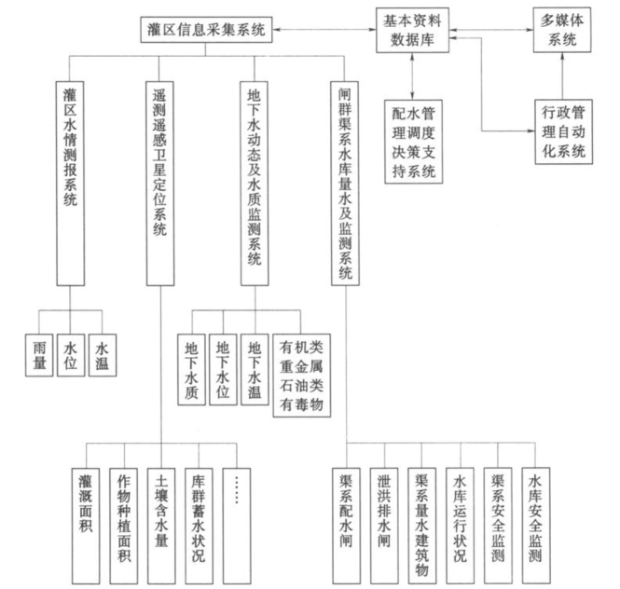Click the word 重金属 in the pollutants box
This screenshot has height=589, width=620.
point(300,363)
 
